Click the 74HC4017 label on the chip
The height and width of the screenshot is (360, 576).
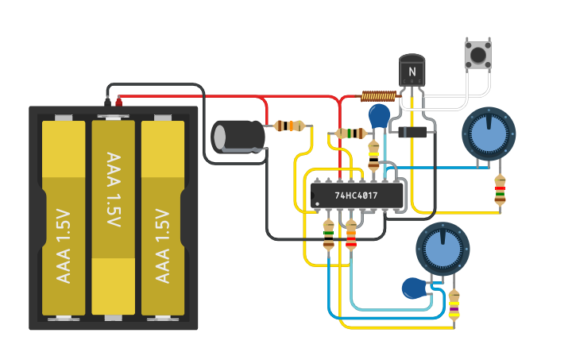click(356, 195)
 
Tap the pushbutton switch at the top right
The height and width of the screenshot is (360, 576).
click(477, 55)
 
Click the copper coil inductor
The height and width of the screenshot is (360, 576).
click(378, 96)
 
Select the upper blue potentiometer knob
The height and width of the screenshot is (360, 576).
click(489, 134)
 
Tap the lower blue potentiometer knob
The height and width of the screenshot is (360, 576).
click(443, 249)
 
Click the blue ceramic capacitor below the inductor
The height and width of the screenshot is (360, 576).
click(381, 116)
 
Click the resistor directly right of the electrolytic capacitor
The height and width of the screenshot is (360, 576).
click(289, 126)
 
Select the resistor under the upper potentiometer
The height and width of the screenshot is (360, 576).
click(500, 191)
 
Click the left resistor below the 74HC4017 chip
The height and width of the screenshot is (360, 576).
click(329, 235)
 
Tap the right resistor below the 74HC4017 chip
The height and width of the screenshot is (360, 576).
click(351, 235)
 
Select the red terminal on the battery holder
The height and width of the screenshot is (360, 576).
click(119, 101)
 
